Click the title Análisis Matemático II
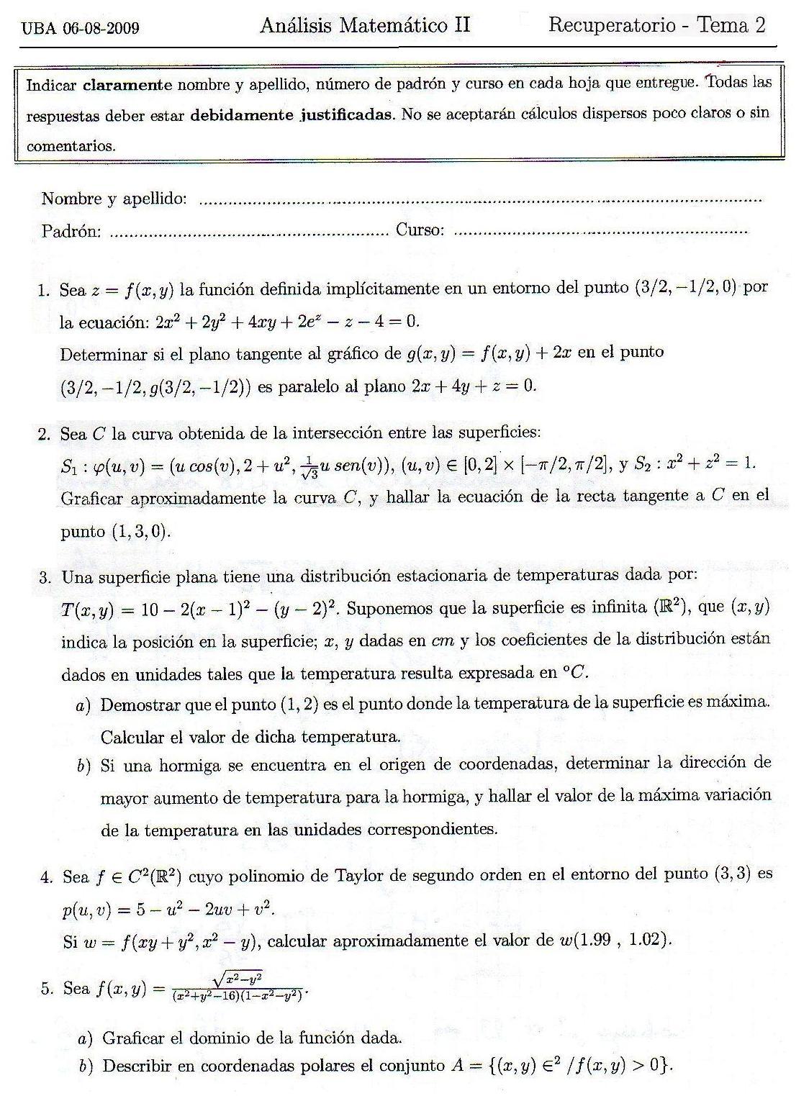click(365, 26)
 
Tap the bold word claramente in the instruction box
click(127, 84)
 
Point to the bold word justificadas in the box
click(345, 115)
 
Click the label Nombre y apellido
click(114, 199)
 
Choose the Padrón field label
click(71, 232)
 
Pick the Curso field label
click(420, 230)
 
